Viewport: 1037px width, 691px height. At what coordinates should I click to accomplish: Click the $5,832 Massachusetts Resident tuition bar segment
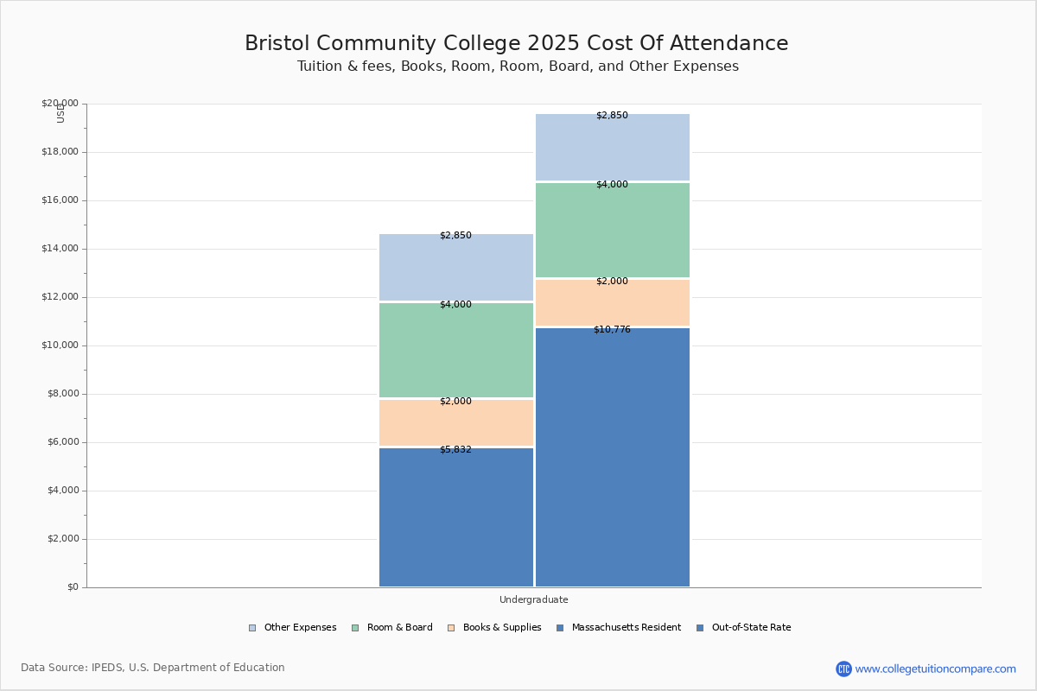click(x=456, y=518)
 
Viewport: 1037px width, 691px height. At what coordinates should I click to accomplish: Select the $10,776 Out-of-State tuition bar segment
click(x=613, y=458)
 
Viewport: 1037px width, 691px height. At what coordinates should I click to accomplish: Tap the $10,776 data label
click(x=612, y=330)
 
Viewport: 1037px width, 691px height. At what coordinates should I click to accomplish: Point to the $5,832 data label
click(x=455, y=450)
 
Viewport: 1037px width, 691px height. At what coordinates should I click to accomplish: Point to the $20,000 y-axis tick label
click(x=60, y=104)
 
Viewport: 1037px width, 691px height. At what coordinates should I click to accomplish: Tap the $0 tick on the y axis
click(x=73, y=587)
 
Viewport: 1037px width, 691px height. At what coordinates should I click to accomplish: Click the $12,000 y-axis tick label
click(x=60, y=297)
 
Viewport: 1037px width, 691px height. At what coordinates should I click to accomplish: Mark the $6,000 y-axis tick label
click(x=62, y=442)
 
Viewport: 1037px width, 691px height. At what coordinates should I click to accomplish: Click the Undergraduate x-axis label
click(x=533, y=599)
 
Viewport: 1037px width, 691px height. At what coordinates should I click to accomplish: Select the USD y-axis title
click(x=60, y=113)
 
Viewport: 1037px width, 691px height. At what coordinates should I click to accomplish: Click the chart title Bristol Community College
click(x=517, y=44)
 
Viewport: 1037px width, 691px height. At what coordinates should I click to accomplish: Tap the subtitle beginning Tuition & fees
click(x=518, y=67)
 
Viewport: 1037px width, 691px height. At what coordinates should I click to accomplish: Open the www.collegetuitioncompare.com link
click(x=935, y=669)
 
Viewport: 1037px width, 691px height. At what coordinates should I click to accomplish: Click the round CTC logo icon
click(x=843, y=669)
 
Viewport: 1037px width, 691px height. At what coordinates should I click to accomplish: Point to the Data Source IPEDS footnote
click(x=153, y=668)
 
